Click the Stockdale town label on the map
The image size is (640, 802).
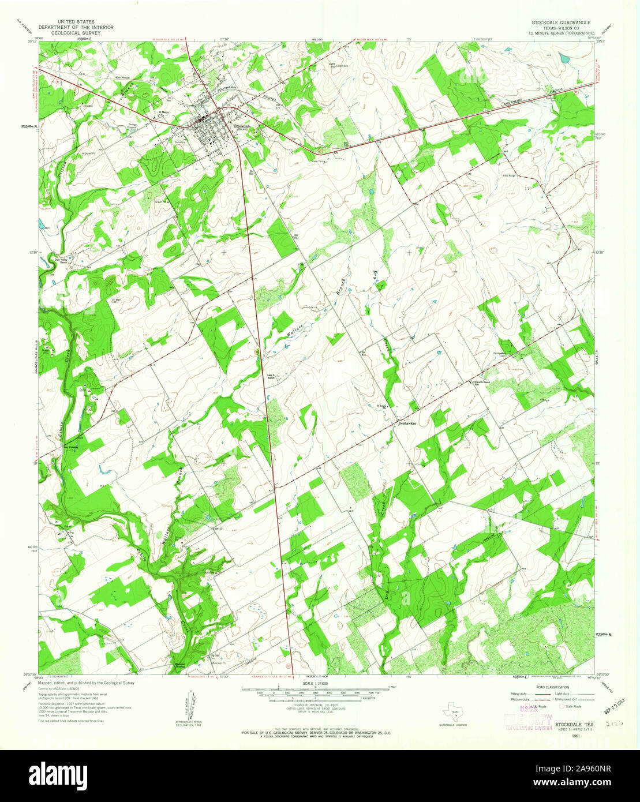(242, 126)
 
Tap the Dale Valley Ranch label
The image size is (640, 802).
(62, 261)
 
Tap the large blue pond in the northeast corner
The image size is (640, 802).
(564, 58)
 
